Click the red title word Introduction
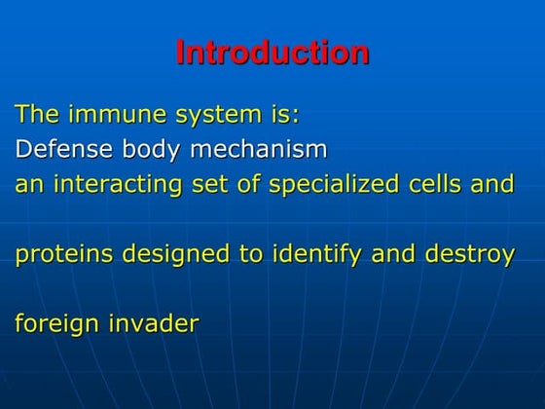(272, 53)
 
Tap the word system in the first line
(204, 116)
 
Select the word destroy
(468, 254)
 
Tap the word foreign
(54, 323)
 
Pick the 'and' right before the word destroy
(392, 254)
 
